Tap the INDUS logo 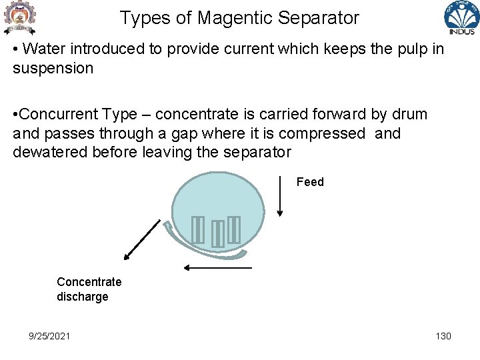tap(461, 19)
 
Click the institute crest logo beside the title tap(19, 19)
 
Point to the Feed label tap(310, 182)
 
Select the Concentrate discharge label tap(89, 289)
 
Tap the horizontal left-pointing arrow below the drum tap(218, 267)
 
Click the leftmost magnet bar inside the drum tap(197, 230)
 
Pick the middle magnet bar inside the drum tap(217, 234)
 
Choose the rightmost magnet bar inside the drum tap(233, 230)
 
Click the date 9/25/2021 tap(49, 336)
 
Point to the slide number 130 tap(443, 336)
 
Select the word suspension tap(53, 69)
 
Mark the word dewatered tap(51, 152)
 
